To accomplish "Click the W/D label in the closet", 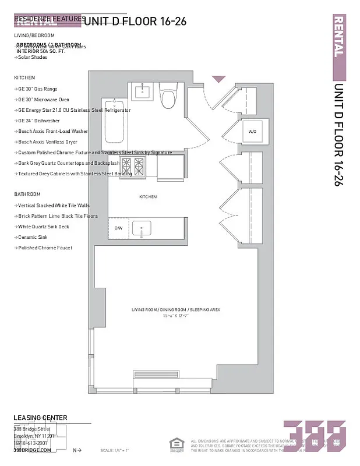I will click(252, 132).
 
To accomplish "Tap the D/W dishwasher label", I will click(118, 228).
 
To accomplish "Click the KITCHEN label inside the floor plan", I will click(147, 197).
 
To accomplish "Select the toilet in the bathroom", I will click(168, 97).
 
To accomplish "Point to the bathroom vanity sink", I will click(142, 92).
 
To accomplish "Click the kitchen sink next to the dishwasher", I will click(142, 227).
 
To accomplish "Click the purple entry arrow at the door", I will click(218, 79).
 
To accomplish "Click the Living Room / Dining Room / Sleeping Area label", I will click(175, 309).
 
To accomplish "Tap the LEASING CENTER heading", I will click(40, 418).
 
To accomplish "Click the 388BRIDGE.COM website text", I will click(32, 450).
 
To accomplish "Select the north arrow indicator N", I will click(76, 450).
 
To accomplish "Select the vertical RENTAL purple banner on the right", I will click(338, 47).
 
